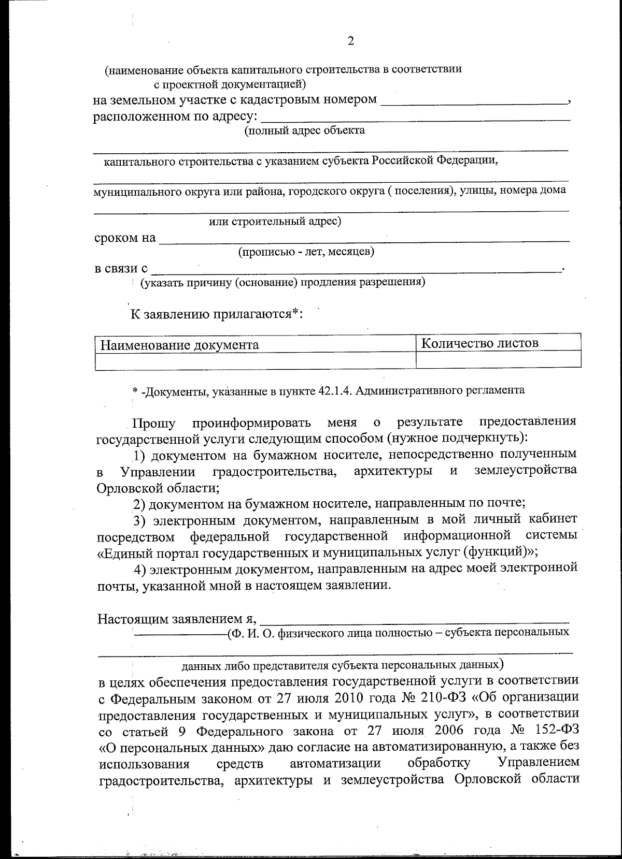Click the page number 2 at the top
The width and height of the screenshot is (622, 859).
[350, 41]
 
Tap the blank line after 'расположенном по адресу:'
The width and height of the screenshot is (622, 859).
[415, 117]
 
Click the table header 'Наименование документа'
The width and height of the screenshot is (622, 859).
[179, 345]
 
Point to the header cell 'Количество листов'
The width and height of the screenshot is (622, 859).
[479, 343]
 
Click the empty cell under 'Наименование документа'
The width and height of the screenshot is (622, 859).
[255, 361]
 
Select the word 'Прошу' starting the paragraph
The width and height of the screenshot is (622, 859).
[154, 423]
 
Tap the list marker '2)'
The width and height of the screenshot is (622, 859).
[140, 503]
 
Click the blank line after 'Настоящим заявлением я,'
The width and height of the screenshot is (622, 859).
[415, 617]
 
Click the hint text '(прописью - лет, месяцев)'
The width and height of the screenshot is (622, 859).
[306, 253]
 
